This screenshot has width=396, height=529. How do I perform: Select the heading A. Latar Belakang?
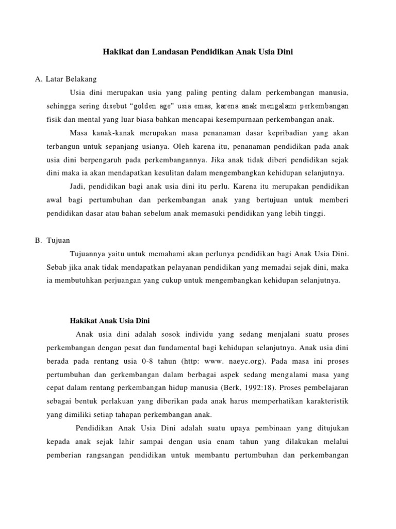coord(65,79)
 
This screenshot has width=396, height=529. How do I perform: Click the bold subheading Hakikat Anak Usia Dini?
coord(109,320)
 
